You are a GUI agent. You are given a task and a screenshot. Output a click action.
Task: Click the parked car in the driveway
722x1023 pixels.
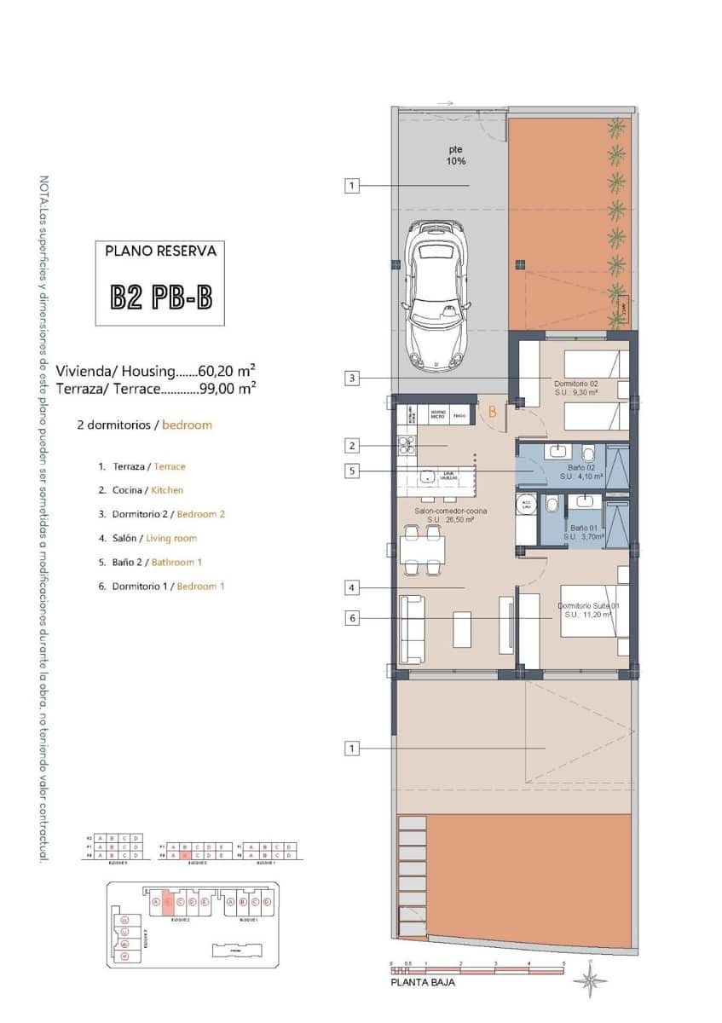(436, 295)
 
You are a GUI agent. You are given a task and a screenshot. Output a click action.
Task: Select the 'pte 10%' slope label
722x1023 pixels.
(456, 155)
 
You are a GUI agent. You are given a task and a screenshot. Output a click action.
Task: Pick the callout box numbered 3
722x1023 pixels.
(352, 378)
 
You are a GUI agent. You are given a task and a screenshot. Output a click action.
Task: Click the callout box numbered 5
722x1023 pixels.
(352, 470)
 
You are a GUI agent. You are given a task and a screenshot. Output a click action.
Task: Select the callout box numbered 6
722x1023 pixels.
(352, 618)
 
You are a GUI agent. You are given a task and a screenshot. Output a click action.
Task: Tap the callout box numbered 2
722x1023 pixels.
(352, 445)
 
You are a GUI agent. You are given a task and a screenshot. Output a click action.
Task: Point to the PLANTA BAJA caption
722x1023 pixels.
(423, 982)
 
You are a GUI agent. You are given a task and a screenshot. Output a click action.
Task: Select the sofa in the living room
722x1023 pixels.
(413, 629)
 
